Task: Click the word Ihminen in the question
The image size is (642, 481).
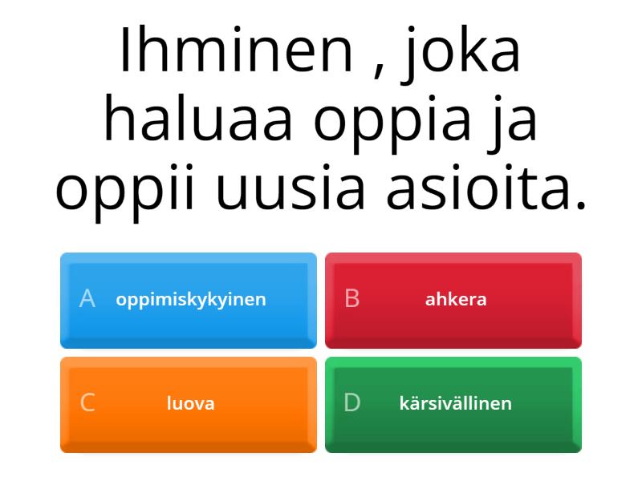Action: pos(236,50)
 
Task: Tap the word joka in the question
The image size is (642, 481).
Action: pos(460,54)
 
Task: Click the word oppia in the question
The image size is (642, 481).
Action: pos(392,123)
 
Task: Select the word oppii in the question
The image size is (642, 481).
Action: pos(124,192)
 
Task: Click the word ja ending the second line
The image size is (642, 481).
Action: pos(512,123)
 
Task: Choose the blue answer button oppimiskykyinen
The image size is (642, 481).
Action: pos(189,301)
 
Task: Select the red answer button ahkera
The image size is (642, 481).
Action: pos(453,301)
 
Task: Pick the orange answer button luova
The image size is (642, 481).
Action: pos(189,405)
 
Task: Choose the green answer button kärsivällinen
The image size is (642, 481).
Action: pos(453,405)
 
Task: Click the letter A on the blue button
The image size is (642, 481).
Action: pos(87,298)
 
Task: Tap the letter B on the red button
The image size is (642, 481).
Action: pos(352,298)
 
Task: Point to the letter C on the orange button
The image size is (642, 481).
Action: pos(87,402)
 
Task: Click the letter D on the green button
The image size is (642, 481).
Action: pos(352,402)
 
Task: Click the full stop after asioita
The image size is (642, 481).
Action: pos(580,204)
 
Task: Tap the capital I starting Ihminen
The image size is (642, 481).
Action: pos(124,50)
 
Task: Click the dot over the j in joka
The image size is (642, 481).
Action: pos(411,29)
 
